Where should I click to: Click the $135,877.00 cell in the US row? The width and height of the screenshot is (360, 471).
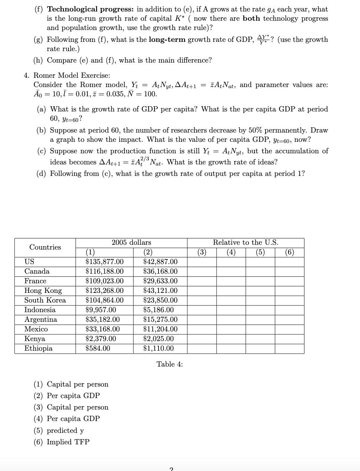[104, 262]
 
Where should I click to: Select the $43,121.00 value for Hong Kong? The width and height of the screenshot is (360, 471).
[160, 291]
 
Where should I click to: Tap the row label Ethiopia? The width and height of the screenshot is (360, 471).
[39, 348]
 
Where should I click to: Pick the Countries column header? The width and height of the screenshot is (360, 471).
[45, 247]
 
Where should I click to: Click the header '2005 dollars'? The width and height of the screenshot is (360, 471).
[131, 243]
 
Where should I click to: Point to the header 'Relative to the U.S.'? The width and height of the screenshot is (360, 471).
[246, 243]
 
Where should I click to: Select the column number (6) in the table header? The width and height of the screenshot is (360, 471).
[290, 253]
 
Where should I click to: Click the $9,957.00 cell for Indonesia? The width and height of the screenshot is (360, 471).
[101, 310]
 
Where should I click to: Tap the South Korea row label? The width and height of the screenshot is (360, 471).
[45, 300]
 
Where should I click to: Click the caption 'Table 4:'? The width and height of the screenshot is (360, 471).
[170, 364]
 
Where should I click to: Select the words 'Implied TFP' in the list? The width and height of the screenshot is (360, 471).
[68, 442]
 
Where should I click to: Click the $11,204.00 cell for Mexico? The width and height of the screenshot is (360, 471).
[160, 329]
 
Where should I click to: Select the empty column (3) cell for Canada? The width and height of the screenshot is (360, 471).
[202, 271]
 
